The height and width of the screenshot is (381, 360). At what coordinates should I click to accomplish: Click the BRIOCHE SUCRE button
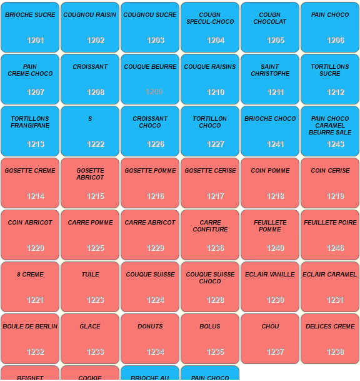[x=30, y=27]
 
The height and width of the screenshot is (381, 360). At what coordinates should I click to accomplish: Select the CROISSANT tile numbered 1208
[x=90, y=79]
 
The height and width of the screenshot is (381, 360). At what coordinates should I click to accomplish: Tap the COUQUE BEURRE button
[x=150, y=79]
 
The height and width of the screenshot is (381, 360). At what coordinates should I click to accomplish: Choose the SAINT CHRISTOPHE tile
[x=270, y=79]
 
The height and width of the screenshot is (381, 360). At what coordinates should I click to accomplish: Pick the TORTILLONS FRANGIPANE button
[x=30, y=131]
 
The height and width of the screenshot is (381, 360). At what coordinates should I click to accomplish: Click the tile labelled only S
[x=90, y=131]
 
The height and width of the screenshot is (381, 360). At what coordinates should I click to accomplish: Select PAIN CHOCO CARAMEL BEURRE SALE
[x=330, y=131]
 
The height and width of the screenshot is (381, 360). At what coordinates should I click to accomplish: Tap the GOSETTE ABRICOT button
[x=90, y=183]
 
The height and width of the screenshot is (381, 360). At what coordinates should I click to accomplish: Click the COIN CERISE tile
[x=330, y=183]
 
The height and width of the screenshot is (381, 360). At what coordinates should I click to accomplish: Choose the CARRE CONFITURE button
[x=210, y=235]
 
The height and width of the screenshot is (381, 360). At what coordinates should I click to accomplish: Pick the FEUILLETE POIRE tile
[x=330, y=235]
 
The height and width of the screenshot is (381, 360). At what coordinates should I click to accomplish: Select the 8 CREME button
[x=30, y=287]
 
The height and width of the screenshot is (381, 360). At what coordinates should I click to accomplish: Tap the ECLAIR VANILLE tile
[x=270, y=287]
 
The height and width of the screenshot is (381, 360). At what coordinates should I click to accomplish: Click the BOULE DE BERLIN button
[x=30, y=338]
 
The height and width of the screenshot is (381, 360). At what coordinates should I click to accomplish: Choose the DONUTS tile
[x=150, y=338]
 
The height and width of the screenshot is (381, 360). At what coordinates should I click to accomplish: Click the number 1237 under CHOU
[x=276, y=352]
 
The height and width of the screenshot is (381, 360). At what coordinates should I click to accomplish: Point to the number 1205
[x=276, y=41]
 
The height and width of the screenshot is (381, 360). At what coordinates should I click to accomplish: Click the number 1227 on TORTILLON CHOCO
[x=216, y=145]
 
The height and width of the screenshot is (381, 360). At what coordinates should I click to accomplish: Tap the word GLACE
[x=90, y=327]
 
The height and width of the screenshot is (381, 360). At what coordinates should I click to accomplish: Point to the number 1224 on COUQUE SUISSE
[x=156, y=300]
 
